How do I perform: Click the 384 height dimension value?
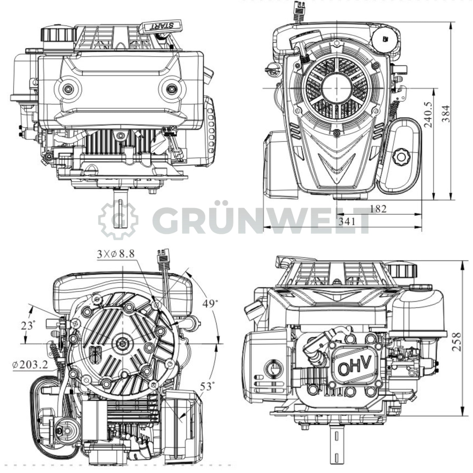pos(446,114)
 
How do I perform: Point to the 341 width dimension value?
pos(347,222)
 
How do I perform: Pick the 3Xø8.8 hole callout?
pos(116,254)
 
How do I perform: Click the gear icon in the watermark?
pos(118,219)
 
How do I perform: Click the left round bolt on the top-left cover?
pos(68,89)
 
